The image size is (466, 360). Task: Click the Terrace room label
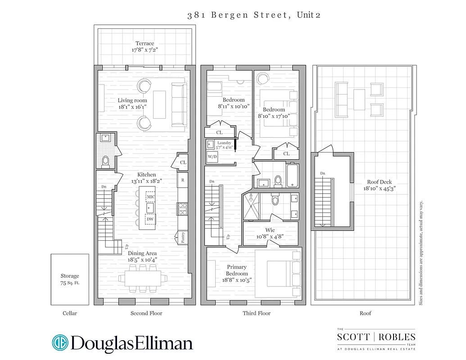pos(145,44)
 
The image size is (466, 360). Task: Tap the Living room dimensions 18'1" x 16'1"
pos(132,107)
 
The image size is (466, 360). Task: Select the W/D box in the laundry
pos(212,157)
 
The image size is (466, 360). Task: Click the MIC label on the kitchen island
pos(150,197)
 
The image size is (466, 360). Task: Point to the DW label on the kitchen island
pos(150,219)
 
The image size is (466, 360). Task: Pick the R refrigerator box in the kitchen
pos(182,180)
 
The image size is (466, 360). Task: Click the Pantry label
pos(183,237)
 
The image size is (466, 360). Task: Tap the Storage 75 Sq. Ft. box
pos(70,279)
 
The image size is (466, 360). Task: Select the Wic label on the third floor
pos(270,230)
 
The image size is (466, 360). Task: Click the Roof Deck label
pos(379,182)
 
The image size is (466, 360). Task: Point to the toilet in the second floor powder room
pos(106,161)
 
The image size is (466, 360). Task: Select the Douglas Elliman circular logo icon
pos(60,342)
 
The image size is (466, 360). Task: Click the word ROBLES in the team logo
pos(397,337)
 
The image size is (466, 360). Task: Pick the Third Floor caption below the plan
pos(257,313)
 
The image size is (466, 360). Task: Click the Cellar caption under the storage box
pos(70,313)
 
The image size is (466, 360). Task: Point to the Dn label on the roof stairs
pos(322,173)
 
